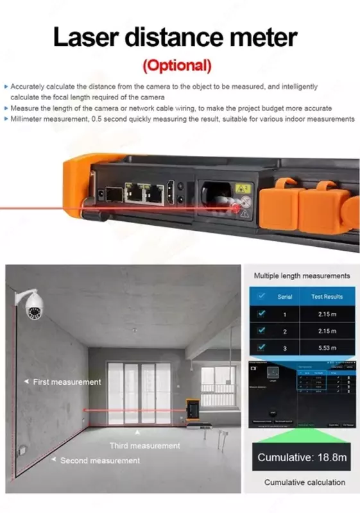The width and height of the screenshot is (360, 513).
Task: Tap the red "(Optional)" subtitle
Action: tap(176, 65)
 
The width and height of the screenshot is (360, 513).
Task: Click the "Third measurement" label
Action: tap(145, 446)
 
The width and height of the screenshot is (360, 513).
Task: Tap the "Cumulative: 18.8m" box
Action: tap(302, 457)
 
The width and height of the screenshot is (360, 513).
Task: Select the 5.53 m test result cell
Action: tap(327, 347)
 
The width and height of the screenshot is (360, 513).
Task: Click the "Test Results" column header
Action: tap(327, 297)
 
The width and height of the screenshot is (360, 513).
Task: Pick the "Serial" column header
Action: tap(285, 297)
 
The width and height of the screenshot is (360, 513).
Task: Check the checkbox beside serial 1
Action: tap(261, 314)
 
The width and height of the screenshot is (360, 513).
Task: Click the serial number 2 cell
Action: tap(285, 331)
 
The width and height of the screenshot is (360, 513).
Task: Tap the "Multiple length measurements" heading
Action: tap(302, 276)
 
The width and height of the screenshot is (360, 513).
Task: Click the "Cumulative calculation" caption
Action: tap(304, 482)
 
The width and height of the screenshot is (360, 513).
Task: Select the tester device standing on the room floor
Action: tap(191, 410)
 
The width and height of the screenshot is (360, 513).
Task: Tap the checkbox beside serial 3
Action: tap(261, 347)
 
